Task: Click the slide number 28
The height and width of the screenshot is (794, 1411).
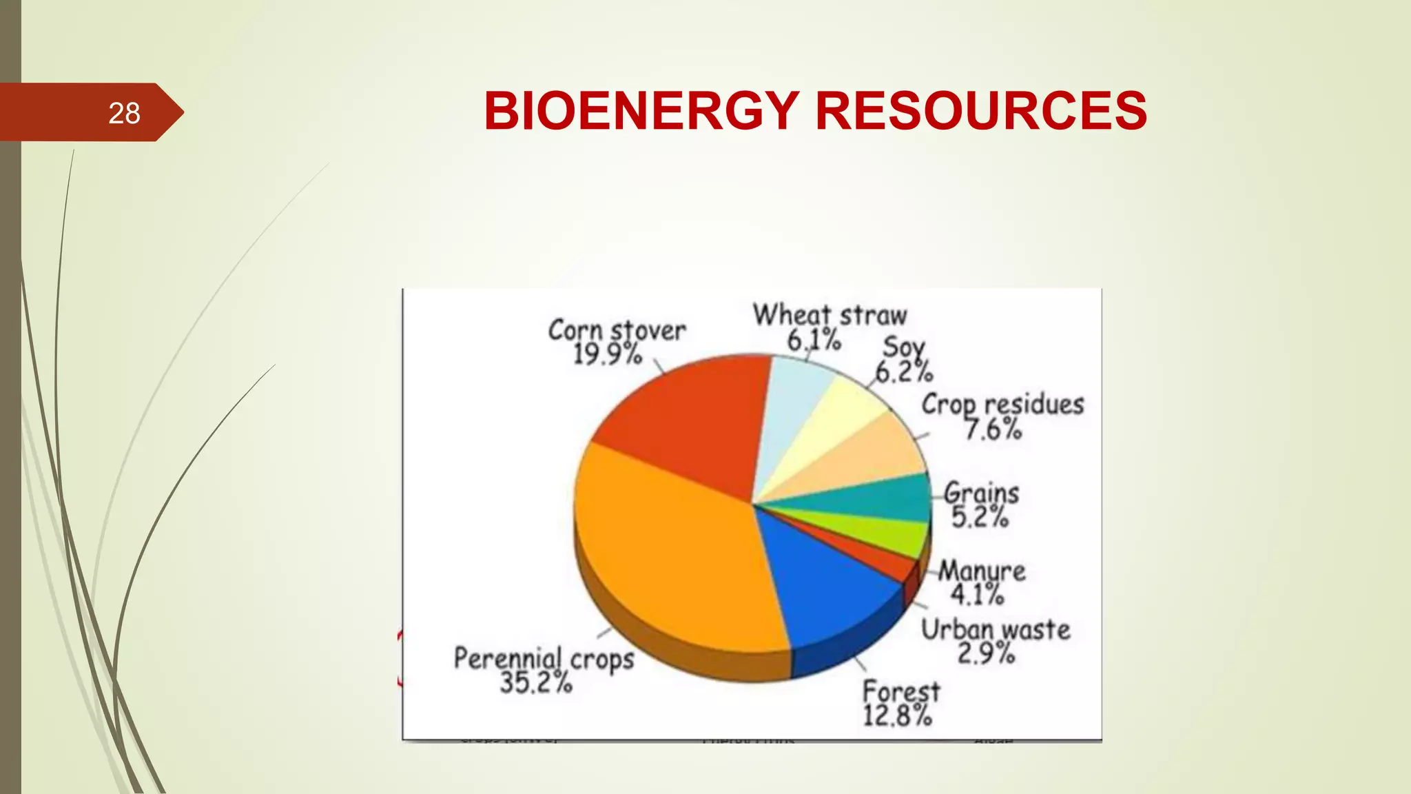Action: [124, 113]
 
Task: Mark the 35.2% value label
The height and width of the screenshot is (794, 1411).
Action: [536, 683]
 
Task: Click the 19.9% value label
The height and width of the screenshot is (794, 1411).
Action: [608, 354]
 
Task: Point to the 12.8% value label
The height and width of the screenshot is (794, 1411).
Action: [897, 716]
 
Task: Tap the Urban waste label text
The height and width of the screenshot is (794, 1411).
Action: [996, 629]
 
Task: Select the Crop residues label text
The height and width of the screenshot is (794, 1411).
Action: [1002, 405]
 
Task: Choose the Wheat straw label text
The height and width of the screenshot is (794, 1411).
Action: [830, 315]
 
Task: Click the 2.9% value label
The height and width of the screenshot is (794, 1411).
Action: [986, 653]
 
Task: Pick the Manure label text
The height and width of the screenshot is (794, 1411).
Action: [982, 571]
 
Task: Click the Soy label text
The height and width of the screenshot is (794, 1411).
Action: [904, 347]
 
